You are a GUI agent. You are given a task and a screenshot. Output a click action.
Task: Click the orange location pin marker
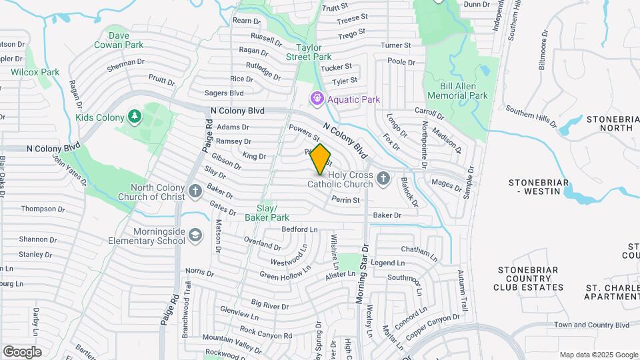[320, 159]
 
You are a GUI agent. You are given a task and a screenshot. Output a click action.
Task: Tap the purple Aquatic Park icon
[317, 99]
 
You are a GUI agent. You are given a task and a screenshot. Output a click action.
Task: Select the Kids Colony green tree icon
[135, 117]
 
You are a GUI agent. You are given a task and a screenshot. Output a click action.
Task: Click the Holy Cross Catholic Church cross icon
[383, 178]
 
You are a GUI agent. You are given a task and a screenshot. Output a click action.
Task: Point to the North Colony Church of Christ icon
[195, 191]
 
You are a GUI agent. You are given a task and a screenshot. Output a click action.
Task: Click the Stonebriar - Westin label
[545, 186]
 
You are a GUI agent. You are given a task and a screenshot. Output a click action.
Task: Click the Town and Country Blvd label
[591, 325]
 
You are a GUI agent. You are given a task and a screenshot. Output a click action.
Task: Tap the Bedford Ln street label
[299, 229]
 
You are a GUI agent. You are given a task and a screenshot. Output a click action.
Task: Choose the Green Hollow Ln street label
[285, 272]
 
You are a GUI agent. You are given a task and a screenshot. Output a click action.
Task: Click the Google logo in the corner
[22, 352]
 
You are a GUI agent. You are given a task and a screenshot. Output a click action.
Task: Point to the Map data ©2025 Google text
[598, 355]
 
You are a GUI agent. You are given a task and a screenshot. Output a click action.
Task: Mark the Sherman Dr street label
[125, 65]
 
